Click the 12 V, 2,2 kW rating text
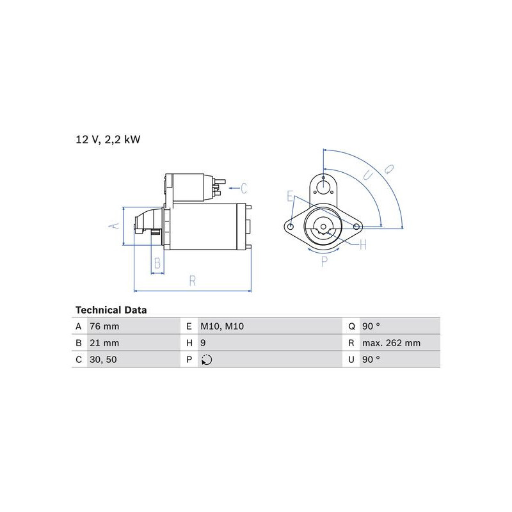tap(108, 140)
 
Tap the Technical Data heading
tap(111, 310)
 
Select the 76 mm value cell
tap(104, 326)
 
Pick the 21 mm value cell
tap(104, 343)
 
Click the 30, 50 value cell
tap(103, 360)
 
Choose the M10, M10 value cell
tap(222, 326)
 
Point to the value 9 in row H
tap(203, 343)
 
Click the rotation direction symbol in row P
tap(207, 360)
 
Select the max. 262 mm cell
tap(391, 343)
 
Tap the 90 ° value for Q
tap(371, 326)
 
